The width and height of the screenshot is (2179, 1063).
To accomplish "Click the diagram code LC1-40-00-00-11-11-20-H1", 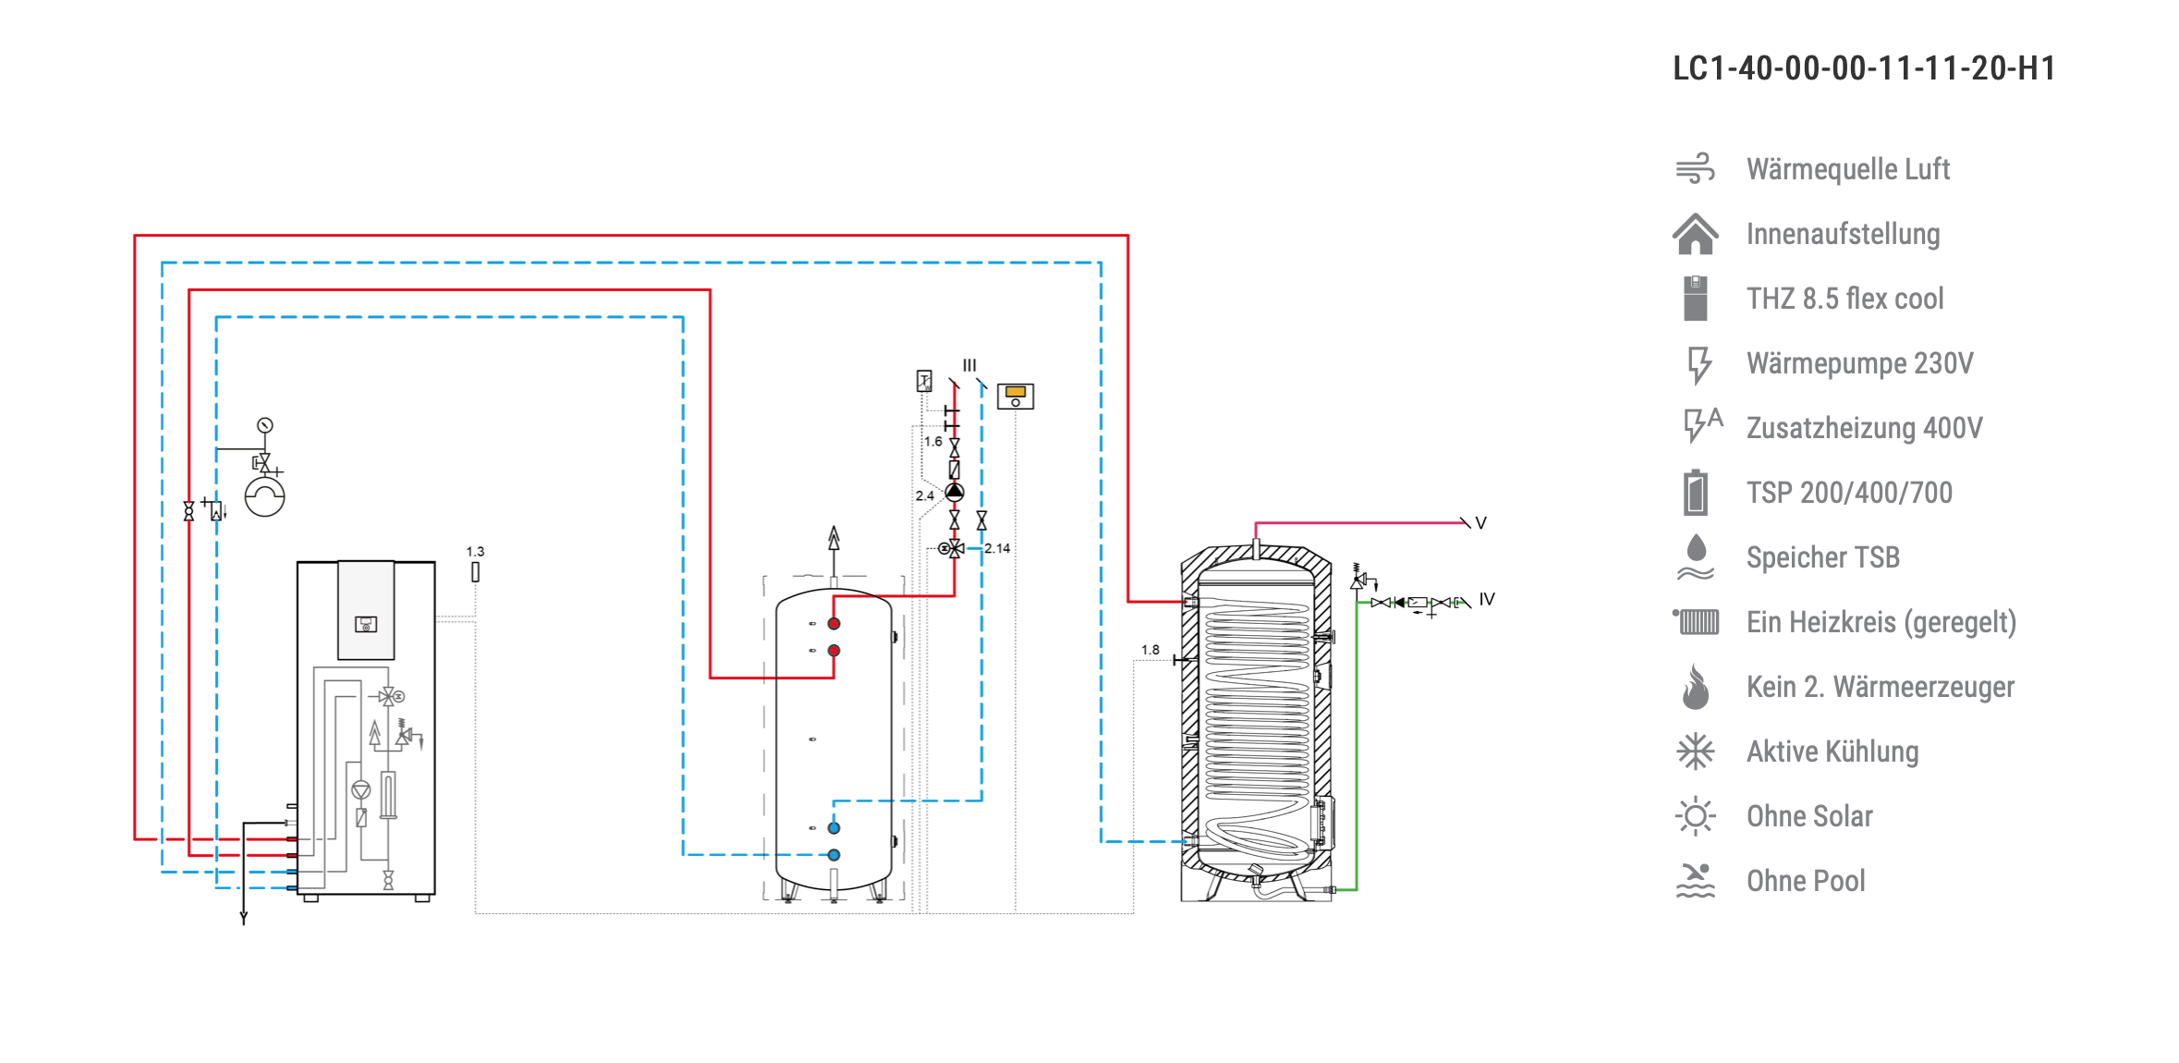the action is pos(1864,68).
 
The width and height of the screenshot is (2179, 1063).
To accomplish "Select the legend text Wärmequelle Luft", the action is pos(1848,169).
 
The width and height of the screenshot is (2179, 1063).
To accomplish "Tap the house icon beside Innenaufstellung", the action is pos(1696,234).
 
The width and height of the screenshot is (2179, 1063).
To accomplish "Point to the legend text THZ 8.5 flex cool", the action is pos(1845,299).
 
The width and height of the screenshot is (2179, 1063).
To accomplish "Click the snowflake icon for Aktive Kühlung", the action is pos(1696,751).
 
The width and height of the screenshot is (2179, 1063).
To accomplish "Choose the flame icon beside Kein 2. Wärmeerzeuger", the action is pos(1696,687).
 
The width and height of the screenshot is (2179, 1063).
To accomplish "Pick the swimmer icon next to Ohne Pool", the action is pos(1696,881).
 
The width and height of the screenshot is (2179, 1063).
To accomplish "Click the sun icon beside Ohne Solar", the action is pos(1696,816).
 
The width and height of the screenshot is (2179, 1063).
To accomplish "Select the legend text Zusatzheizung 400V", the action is pos(1865,428).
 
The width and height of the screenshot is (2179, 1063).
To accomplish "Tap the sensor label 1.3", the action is pos(475,552).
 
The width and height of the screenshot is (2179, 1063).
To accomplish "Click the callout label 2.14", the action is pos(997,548).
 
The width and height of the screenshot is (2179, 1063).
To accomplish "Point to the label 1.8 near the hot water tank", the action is pos(1150,650).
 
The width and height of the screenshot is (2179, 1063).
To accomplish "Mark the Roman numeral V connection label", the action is pos(1481,523).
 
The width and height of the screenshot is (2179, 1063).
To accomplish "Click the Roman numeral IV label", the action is pos(1487,599).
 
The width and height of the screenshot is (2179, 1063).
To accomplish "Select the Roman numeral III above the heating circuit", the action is pos(969,365).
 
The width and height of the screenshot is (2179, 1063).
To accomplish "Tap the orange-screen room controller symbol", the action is pos(1016,397).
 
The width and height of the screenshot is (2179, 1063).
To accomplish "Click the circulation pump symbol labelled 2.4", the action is pos(955,493).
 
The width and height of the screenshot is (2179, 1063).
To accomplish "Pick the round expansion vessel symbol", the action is pos(265,496).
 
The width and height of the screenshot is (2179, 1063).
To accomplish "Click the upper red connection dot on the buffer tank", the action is pos(834,624).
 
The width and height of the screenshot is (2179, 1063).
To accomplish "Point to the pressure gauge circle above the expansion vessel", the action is pos(265,425).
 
